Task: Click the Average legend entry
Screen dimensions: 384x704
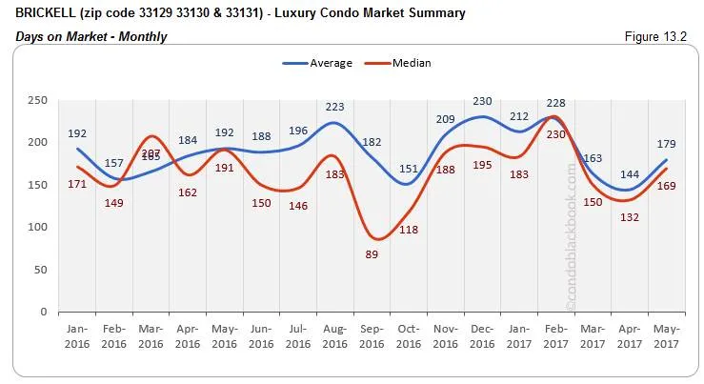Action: tap(318, 63)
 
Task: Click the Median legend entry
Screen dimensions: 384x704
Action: tap(399, 63)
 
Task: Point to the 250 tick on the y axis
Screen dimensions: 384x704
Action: tap(37, 100)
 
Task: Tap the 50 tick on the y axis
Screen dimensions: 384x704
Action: tap(40, 270)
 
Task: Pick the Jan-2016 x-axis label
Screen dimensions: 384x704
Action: tap(77, 336)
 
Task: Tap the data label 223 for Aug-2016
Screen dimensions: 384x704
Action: tap(335, 107)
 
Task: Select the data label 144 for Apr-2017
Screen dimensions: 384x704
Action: tap(627, 174)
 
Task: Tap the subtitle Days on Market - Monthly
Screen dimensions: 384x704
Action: tap(91, 36)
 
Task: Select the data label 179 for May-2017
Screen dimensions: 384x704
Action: tap(666, 145)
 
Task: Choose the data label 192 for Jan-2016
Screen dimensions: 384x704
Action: tap(78, 133)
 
